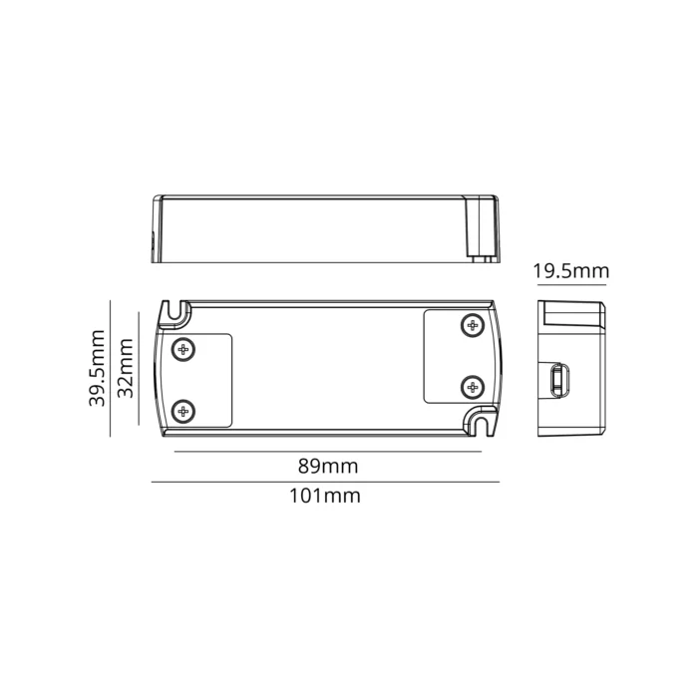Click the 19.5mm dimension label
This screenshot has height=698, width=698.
(x=570, y=271)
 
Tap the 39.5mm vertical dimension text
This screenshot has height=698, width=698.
(x=98, y=368)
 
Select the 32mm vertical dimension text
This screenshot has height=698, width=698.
(x=125, y=368)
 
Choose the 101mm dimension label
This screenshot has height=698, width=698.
(x=325, y=495)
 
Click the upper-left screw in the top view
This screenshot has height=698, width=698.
(x=182, y=349)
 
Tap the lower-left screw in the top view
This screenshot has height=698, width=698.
(x=182, y=410)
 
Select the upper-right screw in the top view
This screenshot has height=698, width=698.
(x=471, y=325)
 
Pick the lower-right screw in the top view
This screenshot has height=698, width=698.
(x=471, y=387)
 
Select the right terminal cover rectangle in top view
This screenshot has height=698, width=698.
(x=455, y=356)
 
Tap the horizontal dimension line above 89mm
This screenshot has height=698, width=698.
(x=327, y=452)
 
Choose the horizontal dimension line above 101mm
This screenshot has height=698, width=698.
(x=325, y=483)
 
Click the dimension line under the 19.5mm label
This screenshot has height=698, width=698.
(x=571, y=285)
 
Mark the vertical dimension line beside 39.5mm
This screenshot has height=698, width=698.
(x=110, y=368)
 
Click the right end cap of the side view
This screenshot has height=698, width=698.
(x=485, y=228)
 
